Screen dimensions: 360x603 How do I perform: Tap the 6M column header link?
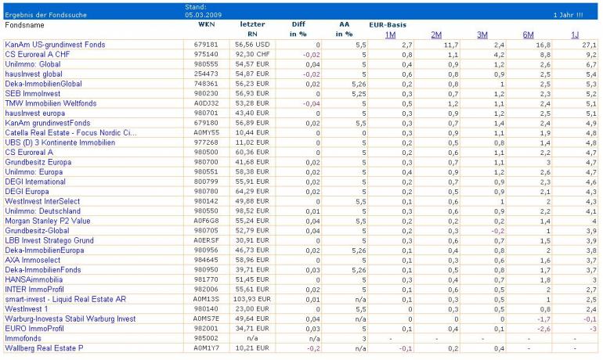pos(529,34)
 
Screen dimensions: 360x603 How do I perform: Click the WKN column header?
pos(206,25)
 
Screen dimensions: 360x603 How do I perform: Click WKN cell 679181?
pos(206,45)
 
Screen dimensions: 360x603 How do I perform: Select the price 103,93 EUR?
pos(251,299)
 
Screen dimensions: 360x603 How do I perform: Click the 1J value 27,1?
pos(590,45)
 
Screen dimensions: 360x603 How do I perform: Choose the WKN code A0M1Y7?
pos(206,348)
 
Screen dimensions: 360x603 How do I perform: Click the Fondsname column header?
pos(25,25)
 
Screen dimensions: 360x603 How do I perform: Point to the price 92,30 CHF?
pos(252,55)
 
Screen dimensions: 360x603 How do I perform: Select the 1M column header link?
pos(390,34)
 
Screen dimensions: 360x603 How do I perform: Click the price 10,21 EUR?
pos(253,348)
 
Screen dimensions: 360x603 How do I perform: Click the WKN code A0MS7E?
pos(206,319)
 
